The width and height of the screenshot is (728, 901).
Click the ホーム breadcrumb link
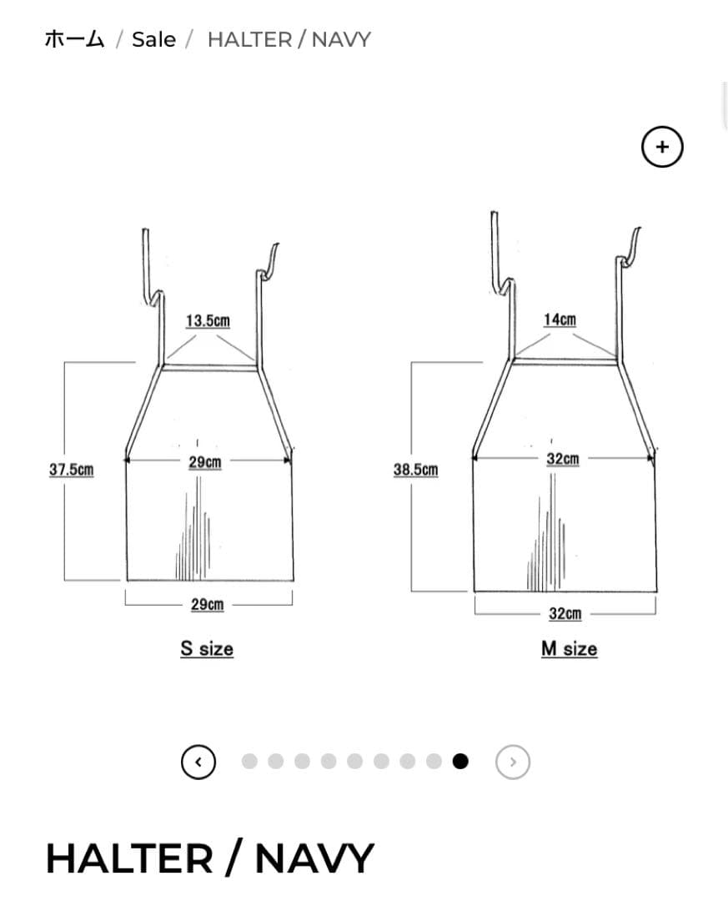pos(75,40)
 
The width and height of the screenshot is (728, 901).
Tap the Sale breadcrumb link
pos(154,40)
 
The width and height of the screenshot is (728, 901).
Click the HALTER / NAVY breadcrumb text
pos(289,40)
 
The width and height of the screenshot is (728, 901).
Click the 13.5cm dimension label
pos(208,320)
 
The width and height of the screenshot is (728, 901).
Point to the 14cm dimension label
pos(560,320)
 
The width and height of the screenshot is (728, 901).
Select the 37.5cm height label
pos(71,470)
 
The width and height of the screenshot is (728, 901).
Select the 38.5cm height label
pos(415,470)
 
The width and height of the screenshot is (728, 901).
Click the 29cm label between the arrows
pos(205,462)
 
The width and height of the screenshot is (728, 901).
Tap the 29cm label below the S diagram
pos(208,605)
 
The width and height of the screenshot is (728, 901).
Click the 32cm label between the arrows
pos(563,459)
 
